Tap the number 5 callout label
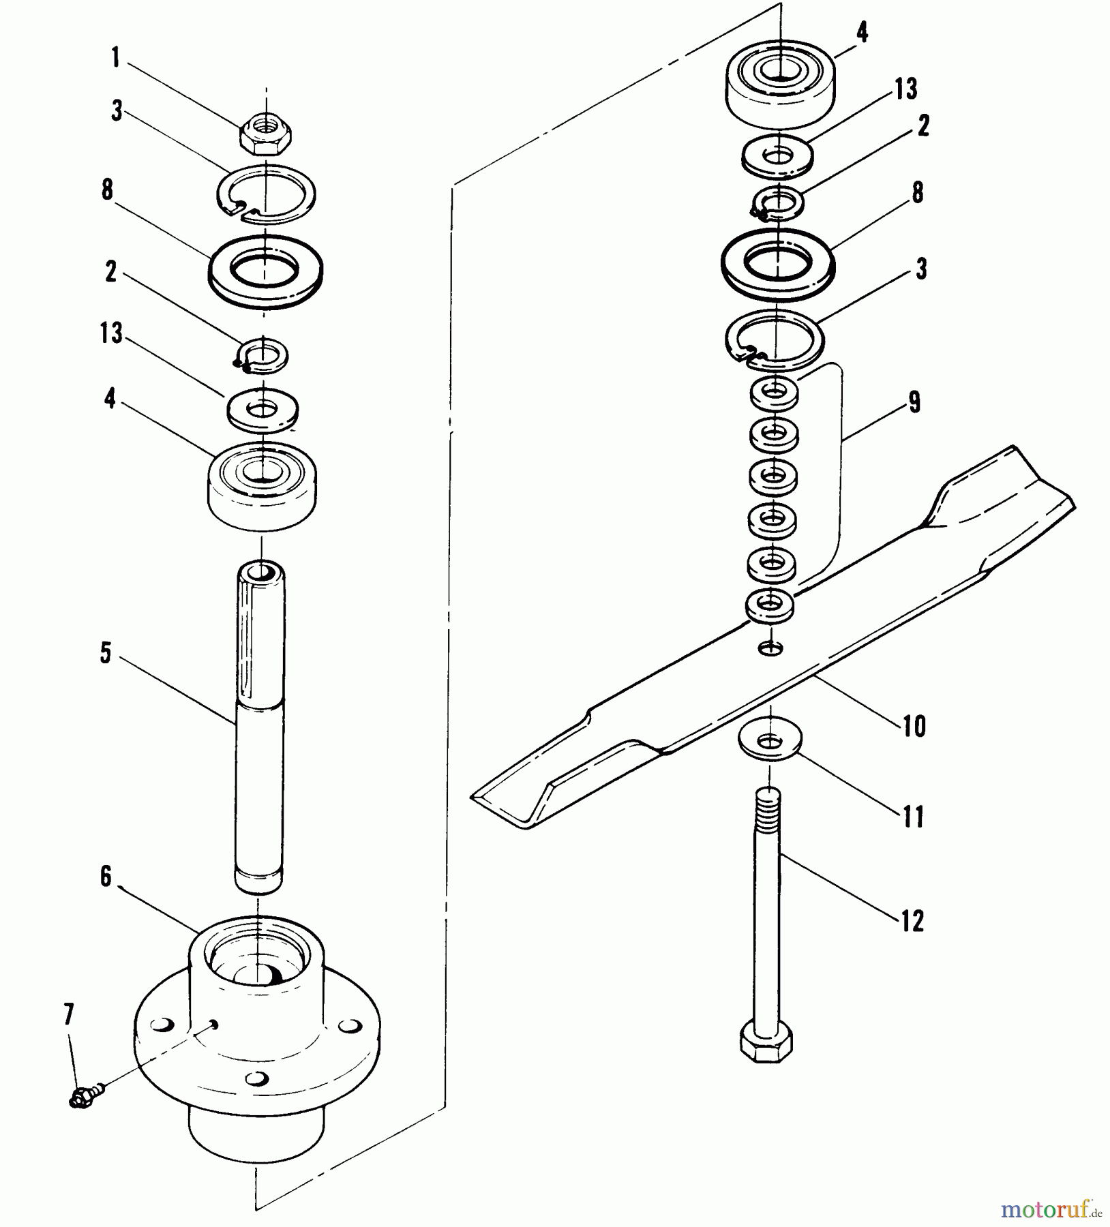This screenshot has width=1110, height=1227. [106, 653]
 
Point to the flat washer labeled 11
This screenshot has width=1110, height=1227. [770, 741]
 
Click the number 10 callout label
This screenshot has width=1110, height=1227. [914, 727]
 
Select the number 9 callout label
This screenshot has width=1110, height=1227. [914, 402]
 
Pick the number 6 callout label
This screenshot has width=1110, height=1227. [106, 877]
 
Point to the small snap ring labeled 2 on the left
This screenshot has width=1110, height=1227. [261, 356]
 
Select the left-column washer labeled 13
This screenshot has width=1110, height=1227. [262, 410]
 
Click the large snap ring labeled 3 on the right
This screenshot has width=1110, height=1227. [774, 339]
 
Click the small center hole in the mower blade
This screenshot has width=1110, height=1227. [771, 648]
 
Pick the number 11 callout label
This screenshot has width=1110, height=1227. [913, 817]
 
